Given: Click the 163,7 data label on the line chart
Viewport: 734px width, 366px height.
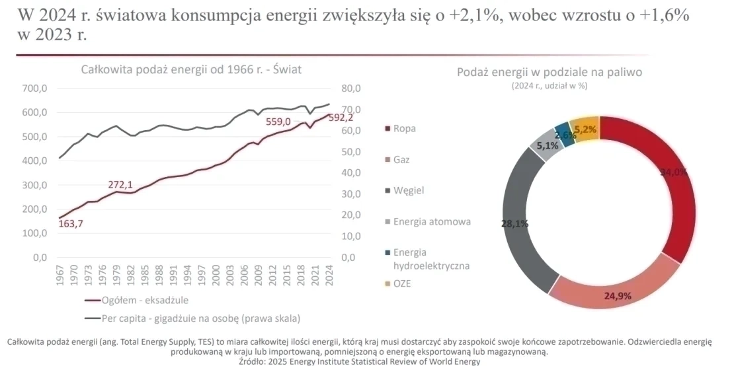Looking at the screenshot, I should click(x=70, y=224).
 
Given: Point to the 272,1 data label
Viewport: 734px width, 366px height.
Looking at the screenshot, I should click(x=121, y=184).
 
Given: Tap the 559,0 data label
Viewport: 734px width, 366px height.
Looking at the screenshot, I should click(x=278, y=122).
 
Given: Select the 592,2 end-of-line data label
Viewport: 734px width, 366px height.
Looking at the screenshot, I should click(x=341, y=118).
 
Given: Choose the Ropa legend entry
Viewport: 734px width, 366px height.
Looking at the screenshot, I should click(x=404, y=129).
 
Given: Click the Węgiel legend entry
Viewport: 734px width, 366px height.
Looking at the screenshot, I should click(x=408, y=190).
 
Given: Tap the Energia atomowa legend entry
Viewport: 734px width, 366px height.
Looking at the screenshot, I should click(x=431, y=221).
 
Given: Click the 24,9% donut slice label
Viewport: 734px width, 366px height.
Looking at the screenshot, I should click(x=618, y=295).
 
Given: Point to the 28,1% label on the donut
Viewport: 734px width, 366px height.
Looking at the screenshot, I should click(x=514, y=224).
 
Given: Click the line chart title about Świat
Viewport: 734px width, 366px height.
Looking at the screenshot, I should click(x=191, y=69).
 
